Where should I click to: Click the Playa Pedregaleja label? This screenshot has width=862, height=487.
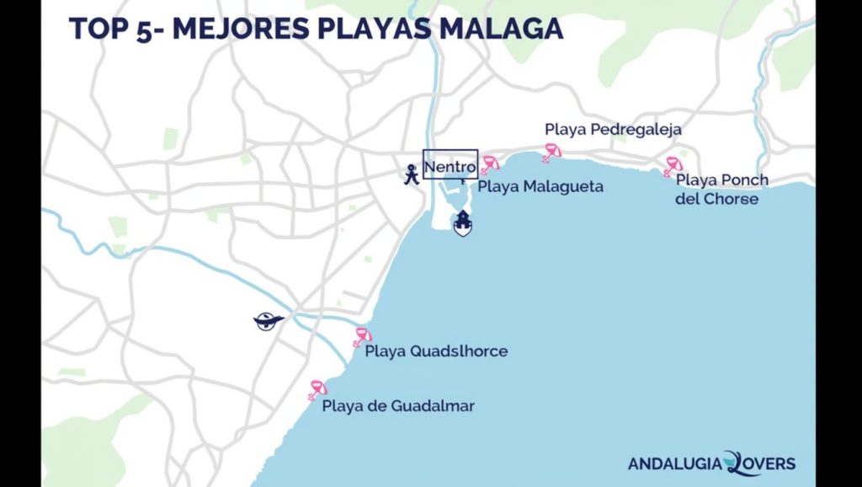pyautogui.click(x=613, y=130)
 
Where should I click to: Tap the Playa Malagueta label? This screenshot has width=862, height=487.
pyautogui.click(x=540, y=186)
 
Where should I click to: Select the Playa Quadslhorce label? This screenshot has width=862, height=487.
pyautogui.click(x=436, y=351)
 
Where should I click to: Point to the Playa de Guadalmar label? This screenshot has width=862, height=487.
pyautogui.click(x=398, y=406)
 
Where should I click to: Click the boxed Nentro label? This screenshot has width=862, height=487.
pyautogui.click(x=450, y=166)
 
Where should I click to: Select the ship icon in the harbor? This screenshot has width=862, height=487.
pyautogui.click(x=462, y=224)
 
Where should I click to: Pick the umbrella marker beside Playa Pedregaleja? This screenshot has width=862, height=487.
pyautogui.click(x=551, y=153)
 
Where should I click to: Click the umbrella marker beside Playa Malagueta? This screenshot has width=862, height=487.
pyautogui.click(x=490, y=163)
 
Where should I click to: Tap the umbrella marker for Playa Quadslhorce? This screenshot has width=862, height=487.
pyautogui.click(x=362, y=337)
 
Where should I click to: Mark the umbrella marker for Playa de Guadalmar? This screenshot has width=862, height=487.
pyautogui.click(x=317, y=389)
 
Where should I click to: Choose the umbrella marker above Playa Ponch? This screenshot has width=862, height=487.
pyautogui.click(x=673, y=165)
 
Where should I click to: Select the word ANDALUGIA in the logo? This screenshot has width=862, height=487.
pyautogui.click(x=675, y=463)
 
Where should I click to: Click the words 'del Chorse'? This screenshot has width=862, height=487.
pyautogui.click(x=716, y=200)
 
